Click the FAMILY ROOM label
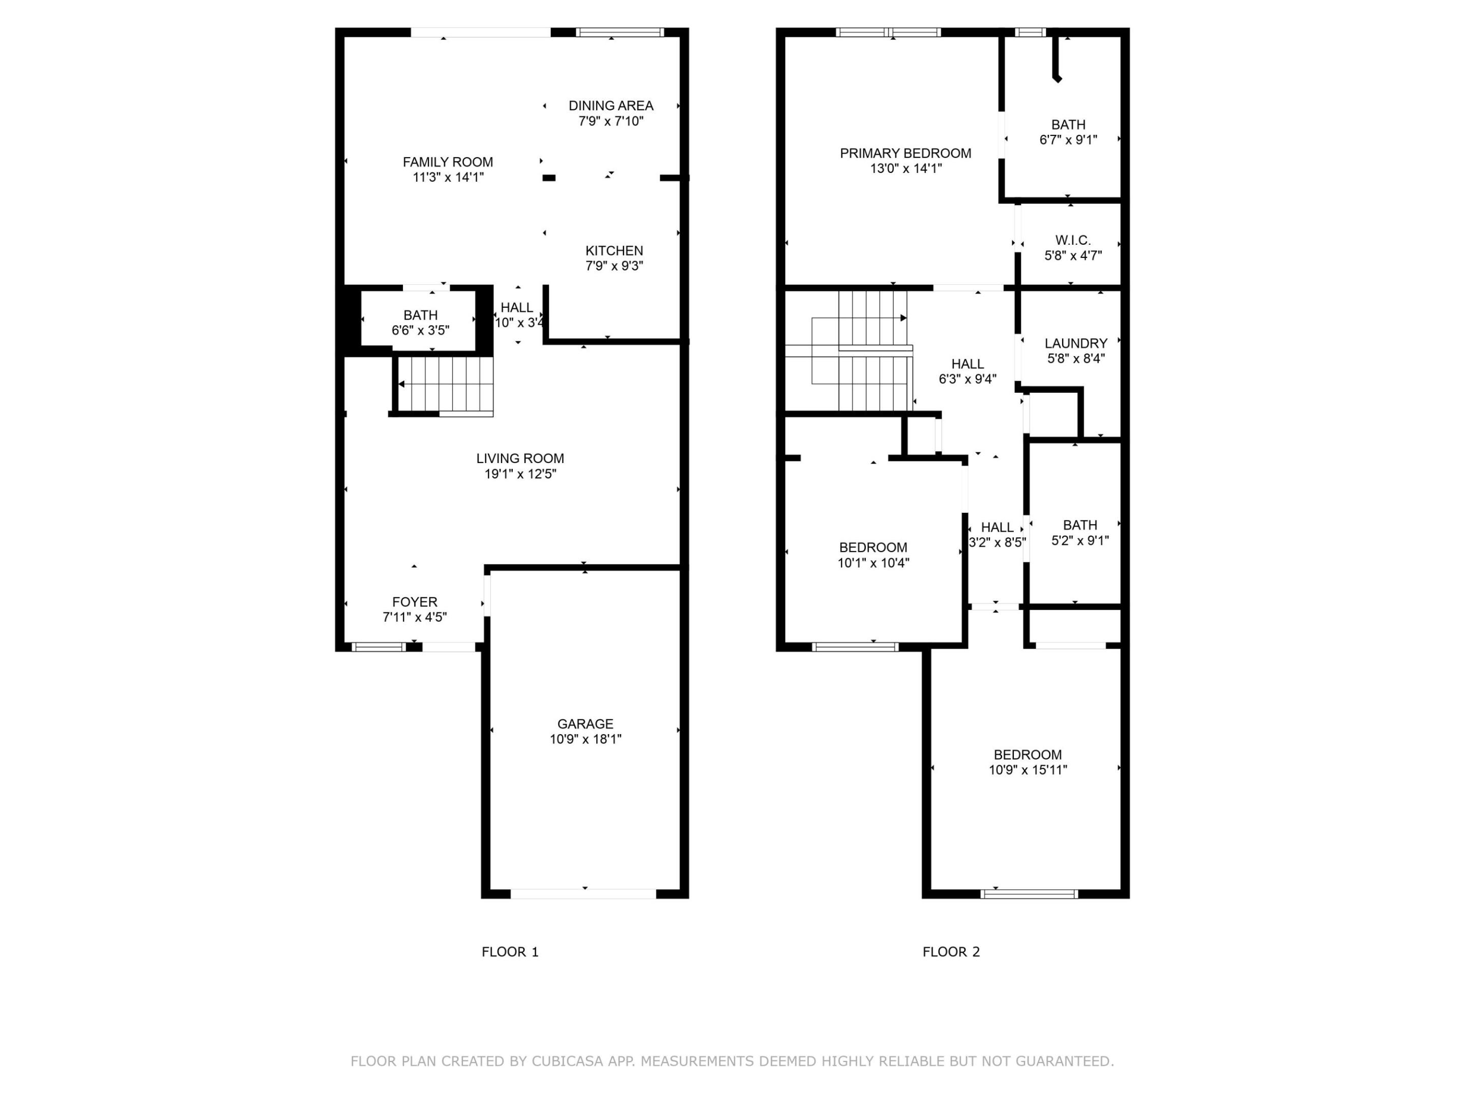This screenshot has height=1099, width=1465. pyautogui.click(x=448, y=162)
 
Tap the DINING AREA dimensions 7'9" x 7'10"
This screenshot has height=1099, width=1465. pyautogui.click(x=610, y=121)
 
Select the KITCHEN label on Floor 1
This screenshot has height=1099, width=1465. pyautogui.click(x=614, y=250)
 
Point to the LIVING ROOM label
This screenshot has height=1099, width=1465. pyautogui.click(x=520, y=458)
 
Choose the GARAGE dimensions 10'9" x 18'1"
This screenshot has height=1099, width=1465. pyautogui.click(x=585, y=739)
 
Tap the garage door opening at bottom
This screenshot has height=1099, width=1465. pyautogui.click(x=583, y=893)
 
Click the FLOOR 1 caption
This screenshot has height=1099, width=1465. pyautogui.click(x=510, y=952)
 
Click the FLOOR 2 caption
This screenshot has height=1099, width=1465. pyautogui.click(x=951, y=952)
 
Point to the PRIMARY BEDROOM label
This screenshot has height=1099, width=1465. pyautogui.click(x=905, y=153)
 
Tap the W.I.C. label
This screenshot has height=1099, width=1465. pyautogui.click(x=1073, y=240)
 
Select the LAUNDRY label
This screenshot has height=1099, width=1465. pyautogui.click(x=1075, y=343)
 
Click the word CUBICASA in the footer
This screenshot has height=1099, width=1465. pyautogui.click(x=567, y=1061)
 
